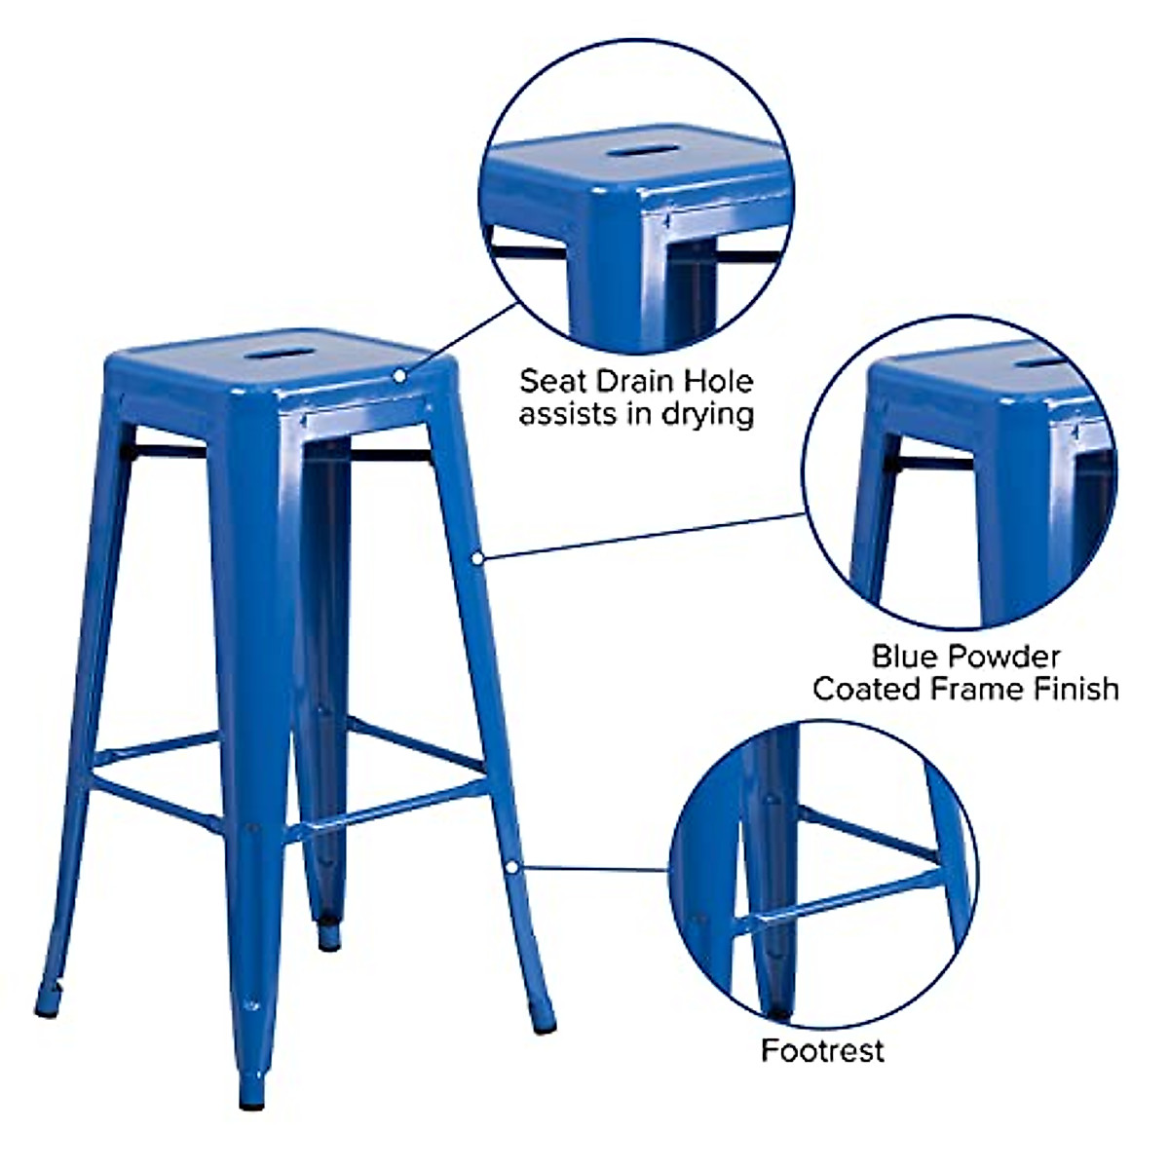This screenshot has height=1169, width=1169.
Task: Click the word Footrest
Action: (822, 1050)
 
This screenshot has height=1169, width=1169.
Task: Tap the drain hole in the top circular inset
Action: (635, 153)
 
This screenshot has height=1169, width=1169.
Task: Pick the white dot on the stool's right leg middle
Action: (477, 558)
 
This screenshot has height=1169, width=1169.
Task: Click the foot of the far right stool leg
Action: (545, 1023)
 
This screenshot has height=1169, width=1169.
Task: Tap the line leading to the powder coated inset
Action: (643, 536)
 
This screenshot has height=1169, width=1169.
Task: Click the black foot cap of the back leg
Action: (329, 940)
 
